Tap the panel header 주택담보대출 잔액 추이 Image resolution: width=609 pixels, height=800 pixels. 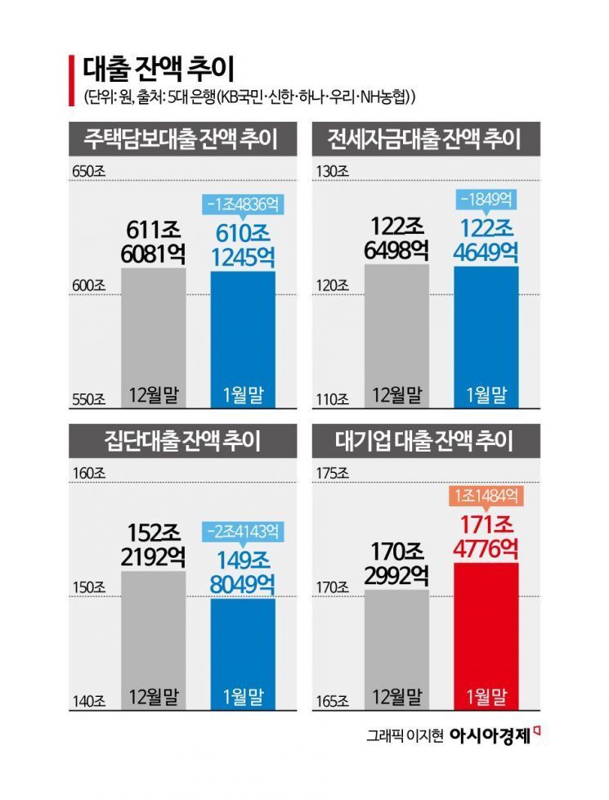(x=181, y=139)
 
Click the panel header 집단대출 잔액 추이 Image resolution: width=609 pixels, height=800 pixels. (x=181, y=442)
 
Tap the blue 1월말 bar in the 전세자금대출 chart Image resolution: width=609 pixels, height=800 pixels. (x=486, y=335)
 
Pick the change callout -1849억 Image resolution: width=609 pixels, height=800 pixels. (x=486, y=199)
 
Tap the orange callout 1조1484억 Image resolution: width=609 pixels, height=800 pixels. (x=486, y=496)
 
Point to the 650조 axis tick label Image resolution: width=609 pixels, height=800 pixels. (x=88, y=173)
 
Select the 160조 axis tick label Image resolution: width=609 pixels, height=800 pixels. (x=88, y=474)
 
